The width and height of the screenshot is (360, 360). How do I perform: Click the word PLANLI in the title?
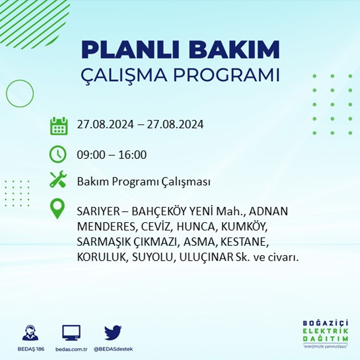click(x=130, y=49)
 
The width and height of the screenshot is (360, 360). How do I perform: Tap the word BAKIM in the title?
click(x=234, y=49)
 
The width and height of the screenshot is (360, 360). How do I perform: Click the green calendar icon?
click(x=59, y=126)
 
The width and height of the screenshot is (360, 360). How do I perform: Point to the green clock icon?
click(x=58, y=154)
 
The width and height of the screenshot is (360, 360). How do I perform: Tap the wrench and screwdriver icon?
click(x=58, y=179)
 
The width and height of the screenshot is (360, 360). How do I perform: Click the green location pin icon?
click(x=58, y=208)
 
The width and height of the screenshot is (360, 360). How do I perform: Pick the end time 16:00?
click(x=133, y=155)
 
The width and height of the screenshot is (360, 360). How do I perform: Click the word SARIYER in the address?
click(x=98, y=211)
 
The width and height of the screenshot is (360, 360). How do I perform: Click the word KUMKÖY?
click(x=244, y=227)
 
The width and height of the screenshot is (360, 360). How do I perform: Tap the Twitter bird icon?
click(x=113, y=332)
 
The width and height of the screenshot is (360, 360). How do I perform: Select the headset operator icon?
click(x=30, y=332)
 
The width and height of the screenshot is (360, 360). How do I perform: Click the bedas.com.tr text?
click(x=71, y=349)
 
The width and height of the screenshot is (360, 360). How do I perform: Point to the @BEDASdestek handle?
click(x=113, y=349)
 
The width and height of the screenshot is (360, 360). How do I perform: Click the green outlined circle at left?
click(x=6, y=94)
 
